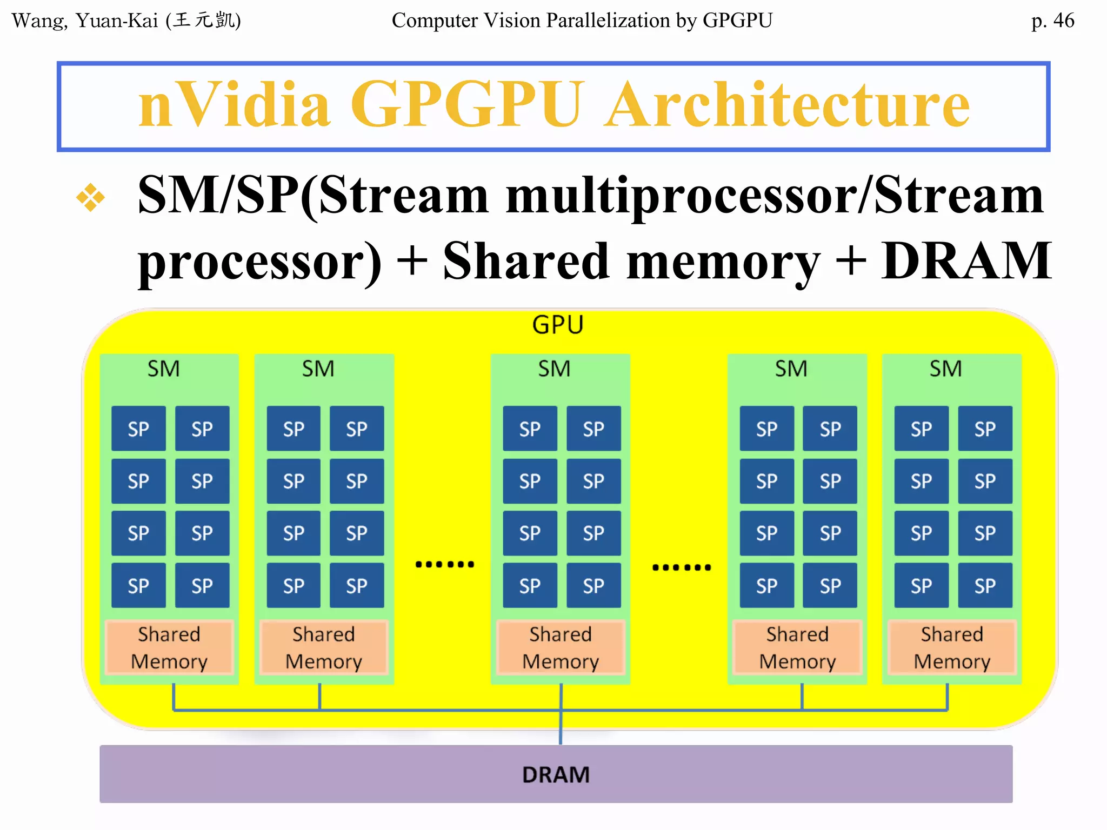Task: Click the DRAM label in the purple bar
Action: click(x=556, y=774)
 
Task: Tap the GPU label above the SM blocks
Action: click(x=557, y=325)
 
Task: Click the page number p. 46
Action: click(x=1052, y=21)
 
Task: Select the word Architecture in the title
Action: click(x=786, y=104)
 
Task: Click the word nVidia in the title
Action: click(x=234, y=104)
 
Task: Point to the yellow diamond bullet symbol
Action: click(x=90, y=197)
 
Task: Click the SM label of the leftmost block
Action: click(x=163, y=369)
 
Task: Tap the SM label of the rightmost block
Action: click(x=945, y=369)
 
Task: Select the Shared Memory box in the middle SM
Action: click(x=561, y=647)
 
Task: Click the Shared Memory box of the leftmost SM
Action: click(x=169, y=647)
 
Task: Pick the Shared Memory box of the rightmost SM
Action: click(x=951, y=647)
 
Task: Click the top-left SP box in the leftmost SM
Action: click(x=138, y=429)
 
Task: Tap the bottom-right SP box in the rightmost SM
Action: click(x=985, y=585)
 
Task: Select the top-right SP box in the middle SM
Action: click(x=593, y=429)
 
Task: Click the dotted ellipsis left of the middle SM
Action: click(x=444, y=565)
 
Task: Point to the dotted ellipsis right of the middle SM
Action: click(x=681, y=567)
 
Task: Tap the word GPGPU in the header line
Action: click(x=737, y=21)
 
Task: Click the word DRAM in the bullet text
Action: click(x=966, y=261)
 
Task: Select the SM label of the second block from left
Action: click(x=318, y=369)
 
